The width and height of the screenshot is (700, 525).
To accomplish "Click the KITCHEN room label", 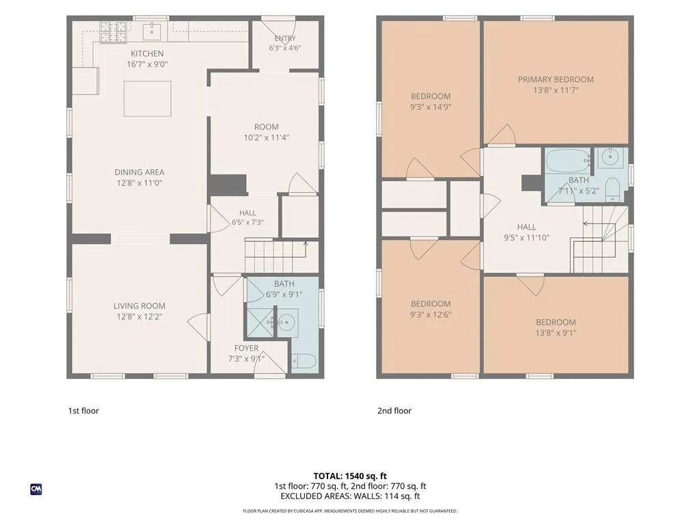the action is coord(147,53).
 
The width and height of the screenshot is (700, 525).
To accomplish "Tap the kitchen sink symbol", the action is coord(152,31).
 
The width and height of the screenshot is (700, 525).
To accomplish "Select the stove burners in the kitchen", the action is coord(113,33).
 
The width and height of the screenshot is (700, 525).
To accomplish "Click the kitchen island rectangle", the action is coord(148,98).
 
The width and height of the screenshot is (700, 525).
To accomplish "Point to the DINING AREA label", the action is coord(139,172).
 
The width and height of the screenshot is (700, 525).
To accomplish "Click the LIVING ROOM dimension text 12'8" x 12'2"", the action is coord(139,317).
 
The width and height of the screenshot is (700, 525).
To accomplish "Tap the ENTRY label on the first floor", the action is coord(285,38).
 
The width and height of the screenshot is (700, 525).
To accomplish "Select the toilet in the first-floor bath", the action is coord(304,361).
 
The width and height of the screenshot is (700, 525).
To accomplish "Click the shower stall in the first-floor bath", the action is coord(260,321).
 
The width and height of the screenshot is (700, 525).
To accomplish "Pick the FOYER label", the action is coord(246,348).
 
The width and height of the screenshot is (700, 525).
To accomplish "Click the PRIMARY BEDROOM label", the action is coord(556,79).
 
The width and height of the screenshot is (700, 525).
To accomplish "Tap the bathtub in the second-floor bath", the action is coord(568,161).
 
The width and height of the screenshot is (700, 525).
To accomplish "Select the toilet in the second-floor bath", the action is coord(612,190).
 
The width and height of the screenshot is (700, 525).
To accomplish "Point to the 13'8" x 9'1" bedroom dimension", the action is coord(556,333).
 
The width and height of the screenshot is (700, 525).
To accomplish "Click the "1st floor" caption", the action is coord(83,411).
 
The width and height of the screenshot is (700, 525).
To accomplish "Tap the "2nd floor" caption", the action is coord(394,411).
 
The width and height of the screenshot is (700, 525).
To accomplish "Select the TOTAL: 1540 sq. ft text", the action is coord(350,476).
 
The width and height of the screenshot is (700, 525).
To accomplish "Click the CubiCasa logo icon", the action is coord(36,489).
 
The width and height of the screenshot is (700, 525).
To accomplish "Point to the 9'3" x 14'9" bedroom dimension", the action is coord(431,107).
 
